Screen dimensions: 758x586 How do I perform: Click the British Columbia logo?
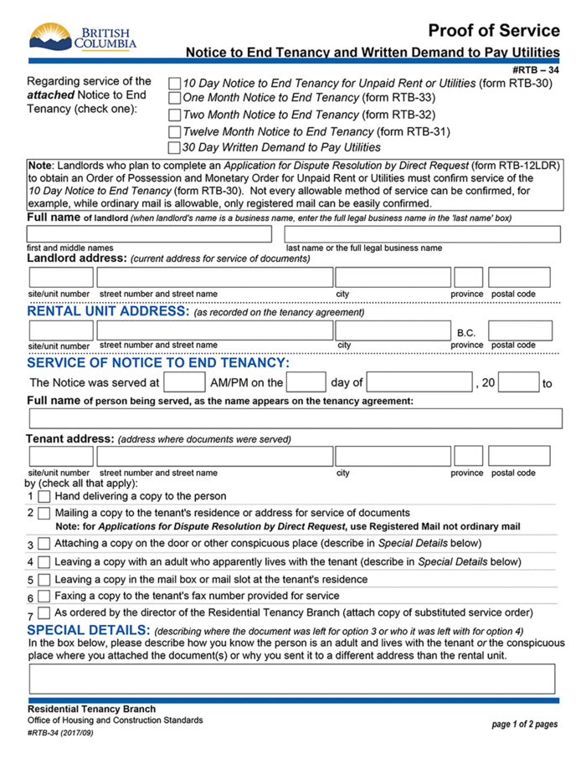(83, 37)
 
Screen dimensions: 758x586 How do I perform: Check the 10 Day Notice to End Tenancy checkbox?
(174, 84)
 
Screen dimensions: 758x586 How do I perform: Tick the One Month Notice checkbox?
(174, 99)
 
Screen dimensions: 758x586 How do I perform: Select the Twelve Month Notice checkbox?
(174, 131)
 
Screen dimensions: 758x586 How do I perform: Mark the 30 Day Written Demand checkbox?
(174, 147)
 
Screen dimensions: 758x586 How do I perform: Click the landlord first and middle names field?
(149, 234)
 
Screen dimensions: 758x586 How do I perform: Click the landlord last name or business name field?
(422, 234)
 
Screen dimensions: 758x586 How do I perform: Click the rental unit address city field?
(392, 330)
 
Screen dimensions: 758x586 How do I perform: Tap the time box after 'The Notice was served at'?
(184, 382)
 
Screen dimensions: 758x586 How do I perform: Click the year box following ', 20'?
(519, 382)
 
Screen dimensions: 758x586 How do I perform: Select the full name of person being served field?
(295, 418)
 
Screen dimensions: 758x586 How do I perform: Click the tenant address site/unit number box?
(61, 456)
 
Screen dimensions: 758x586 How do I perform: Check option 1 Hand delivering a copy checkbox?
(44, 496)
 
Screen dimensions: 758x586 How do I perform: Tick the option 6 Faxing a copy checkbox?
(44, 597)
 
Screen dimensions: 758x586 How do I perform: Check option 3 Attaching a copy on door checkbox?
(44, 545)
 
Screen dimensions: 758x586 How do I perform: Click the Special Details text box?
(292, 679)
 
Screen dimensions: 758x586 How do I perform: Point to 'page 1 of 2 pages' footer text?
(524, 725)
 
